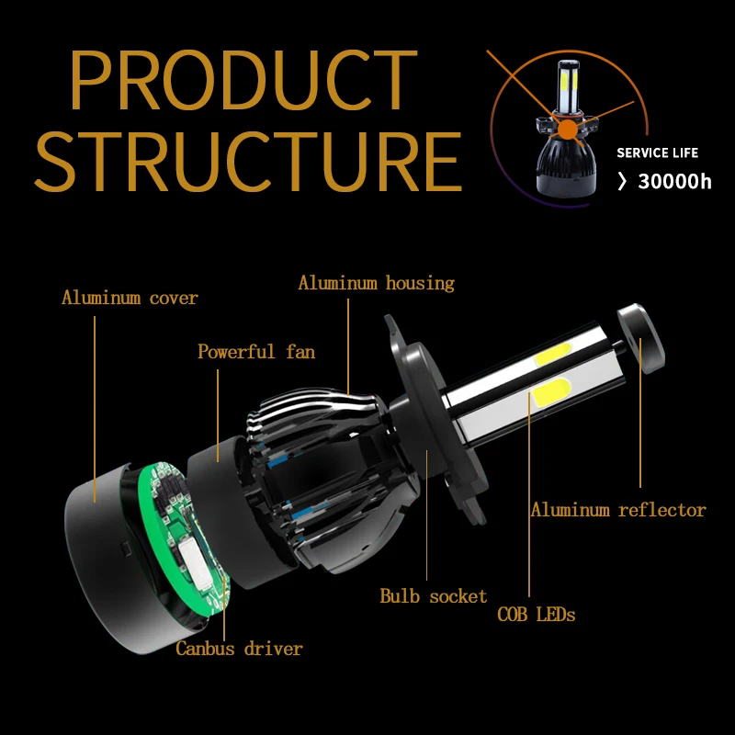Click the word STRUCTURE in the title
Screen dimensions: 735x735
(x=249, y=163)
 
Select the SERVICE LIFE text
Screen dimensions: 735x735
(x=657, y=153)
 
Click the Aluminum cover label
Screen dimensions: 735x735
(x=130, y=298)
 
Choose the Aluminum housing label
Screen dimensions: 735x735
(x=376, y=283)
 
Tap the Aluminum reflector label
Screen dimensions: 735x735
(x=618, y=510)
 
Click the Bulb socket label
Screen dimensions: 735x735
(x=434, y=596)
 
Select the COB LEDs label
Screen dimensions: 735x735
(x=537, y=615)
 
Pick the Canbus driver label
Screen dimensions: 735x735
(x=239, y=649)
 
